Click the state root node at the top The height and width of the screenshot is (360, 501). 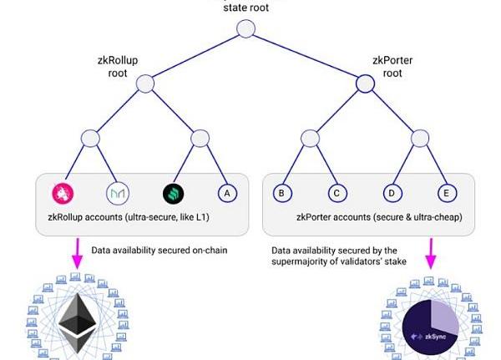point(245,28)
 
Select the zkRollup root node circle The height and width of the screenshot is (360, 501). point(145,84)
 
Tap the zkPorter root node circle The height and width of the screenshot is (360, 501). point(365,84)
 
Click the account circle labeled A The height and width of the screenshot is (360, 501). point(227,193)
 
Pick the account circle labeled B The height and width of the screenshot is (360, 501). point(282,193)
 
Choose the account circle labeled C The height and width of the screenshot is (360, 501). point(337,193)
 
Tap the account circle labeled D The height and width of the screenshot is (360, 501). point(392,193)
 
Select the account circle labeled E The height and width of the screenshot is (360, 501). point(447,193)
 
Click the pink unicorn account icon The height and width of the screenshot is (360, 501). point(63,193)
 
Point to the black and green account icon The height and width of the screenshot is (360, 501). point(173,194)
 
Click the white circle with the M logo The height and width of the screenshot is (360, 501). point(118,193)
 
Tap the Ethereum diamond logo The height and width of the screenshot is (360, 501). point(78,323)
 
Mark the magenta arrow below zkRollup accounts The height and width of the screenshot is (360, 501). point(78,253)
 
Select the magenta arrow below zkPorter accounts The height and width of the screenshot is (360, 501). point(431,253)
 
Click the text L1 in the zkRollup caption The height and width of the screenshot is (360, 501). point(202,217)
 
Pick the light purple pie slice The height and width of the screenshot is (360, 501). point(444,319)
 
